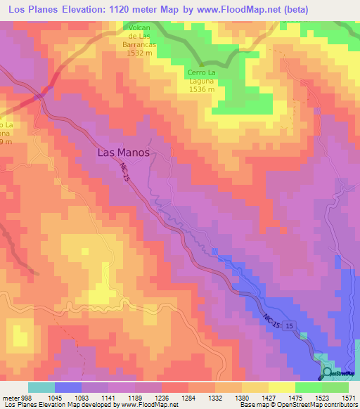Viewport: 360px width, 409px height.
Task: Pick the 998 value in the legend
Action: click(25, 397)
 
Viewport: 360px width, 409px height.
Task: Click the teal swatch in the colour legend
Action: click(41, 387)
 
